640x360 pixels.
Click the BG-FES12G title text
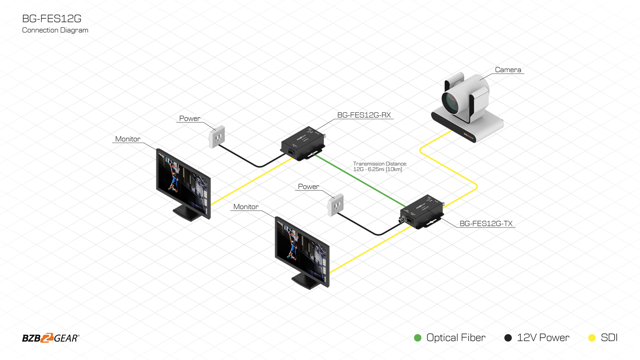[x=52, y=19]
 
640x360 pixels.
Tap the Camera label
[x=508, y=70]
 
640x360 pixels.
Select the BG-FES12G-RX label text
[x=364, y=115]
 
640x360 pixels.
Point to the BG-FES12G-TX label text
[x=485, y=223]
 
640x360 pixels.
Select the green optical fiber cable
[x=361, y=181]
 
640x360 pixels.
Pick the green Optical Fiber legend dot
[x=417, y=338]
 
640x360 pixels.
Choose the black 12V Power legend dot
[x=508, y=338]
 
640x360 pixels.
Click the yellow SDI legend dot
[x=592, y=338]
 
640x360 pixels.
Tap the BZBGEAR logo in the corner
[x=51, y=338]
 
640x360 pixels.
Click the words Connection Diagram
[x=55, y=30]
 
